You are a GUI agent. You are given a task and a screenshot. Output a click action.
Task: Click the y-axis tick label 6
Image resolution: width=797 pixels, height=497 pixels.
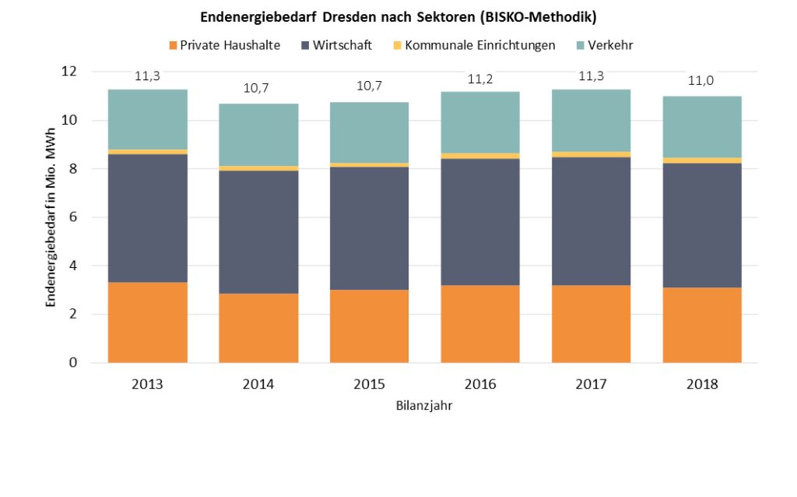point(73,217)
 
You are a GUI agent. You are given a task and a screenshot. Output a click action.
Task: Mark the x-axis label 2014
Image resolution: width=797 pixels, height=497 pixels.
point(259,384)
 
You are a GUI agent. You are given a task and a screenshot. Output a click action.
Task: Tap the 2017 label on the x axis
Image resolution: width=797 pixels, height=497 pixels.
point(591,384)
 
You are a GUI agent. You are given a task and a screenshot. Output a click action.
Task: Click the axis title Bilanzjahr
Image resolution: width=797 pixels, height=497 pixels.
point(425,406)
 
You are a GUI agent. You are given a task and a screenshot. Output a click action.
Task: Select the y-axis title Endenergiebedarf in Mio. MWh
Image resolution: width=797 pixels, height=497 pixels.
point(51,218)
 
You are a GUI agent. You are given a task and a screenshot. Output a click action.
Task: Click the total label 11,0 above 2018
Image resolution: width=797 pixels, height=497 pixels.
point(702,81)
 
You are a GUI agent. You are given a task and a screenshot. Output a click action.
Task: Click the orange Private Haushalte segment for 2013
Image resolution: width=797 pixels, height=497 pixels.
point(148,322)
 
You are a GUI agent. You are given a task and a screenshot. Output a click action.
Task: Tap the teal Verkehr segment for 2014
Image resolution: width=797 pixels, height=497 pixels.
point(259,134)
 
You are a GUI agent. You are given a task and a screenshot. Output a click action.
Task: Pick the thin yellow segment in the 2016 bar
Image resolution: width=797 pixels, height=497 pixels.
point(480,156)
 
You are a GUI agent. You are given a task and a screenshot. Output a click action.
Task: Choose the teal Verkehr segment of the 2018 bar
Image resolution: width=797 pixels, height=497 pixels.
point(702,126)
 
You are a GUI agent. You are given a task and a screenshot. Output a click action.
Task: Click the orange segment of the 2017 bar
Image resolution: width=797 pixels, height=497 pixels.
point(591,323)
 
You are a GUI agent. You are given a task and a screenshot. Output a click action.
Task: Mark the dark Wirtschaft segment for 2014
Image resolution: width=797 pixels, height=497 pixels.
point(259,231)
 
